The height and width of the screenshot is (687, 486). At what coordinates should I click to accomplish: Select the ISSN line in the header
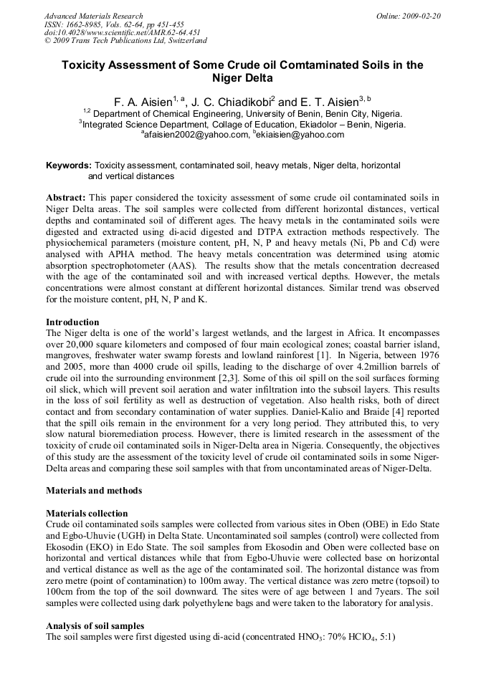coord(114,24)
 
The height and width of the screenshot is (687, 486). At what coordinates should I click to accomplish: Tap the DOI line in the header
coord(122,32)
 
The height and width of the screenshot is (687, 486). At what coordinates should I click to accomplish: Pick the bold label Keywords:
coord(69,165)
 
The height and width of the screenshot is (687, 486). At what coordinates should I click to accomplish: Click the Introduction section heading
coord(72,322)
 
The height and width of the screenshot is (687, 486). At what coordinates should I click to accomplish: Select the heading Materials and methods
coord(94,491)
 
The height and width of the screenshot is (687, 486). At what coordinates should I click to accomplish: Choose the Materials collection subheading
coord(87,513)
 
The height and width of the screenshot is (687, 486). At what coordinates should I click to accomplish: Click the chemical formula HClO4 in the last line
coord(340,637)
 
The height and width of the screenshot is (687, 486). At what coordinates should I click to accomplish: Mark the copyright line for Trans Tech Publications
coord(125,41)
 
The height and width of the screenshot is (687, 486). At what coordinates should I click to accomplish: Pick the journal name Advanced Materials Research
coord(93,16)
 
